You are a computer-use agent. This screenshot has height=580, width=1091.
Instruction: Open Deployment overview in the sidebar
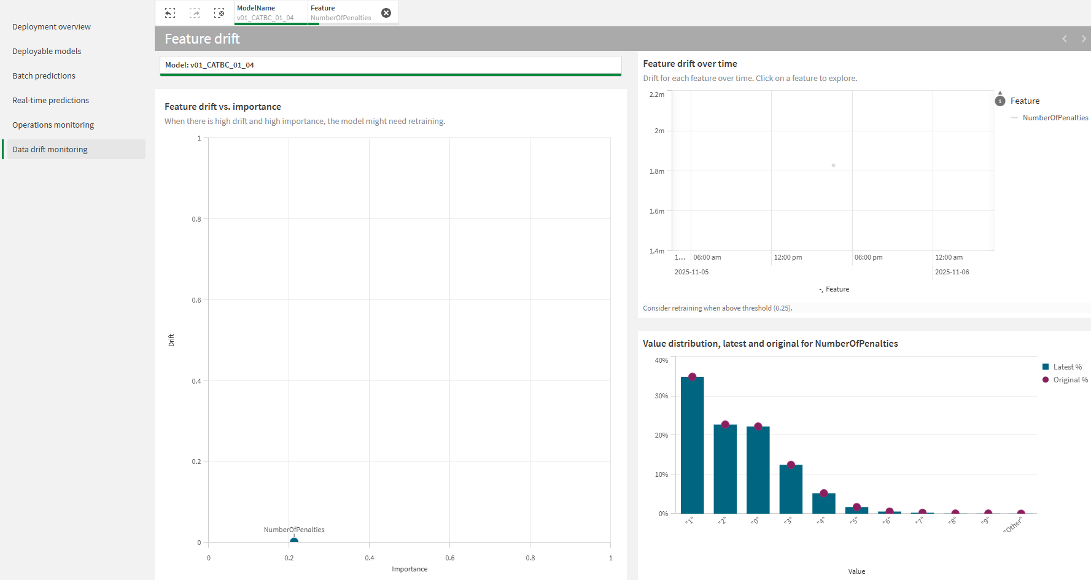pos(52,27)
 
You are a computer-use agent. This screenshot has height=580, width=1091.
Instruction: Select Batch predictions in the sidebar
pos(44,76)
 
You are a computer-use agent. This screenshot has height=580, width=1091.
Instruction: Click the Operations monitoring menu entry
pos(53,125)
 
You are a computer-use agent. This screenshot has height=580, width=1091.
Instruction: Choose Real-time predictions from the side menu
pos(51,101)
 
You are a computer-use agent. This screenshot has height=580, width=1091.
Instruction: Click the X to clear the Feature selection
pos(386,13)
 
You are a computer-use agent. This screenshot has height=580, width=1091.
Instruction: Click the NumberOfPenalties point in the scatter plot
pos(294,541)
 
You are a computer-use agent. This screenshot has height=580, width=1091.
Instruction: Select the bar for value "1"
pos(692,445)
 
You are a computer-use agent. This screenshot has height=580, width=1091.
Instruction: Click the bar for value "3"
pos(791,489)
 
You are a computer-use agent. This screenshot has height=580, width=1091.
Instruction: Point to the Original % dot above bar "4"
pos(824,493)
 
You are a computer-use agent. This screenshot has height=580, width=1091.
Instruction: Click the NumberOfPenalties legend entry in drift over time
pos(1055,118)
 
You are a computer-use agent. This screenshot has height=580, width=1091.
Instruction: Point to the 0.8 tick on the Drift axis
pos(196,219)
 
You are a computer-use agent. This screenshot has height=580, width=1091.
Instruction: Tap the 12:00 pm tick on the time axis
pos(788,257)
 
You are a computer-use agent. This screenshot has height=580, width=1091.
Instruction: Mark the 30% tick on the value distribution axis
pos(661,396)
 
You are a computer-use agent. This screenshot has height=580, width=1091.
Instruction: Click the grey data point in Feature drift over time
pos(833,165)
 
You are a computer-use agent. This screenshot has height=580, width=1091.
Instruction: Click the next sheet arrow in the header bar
pos(1083,39)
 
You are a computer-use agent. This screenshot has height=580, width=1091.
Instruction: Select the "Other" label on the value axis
pos(1013,525)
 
